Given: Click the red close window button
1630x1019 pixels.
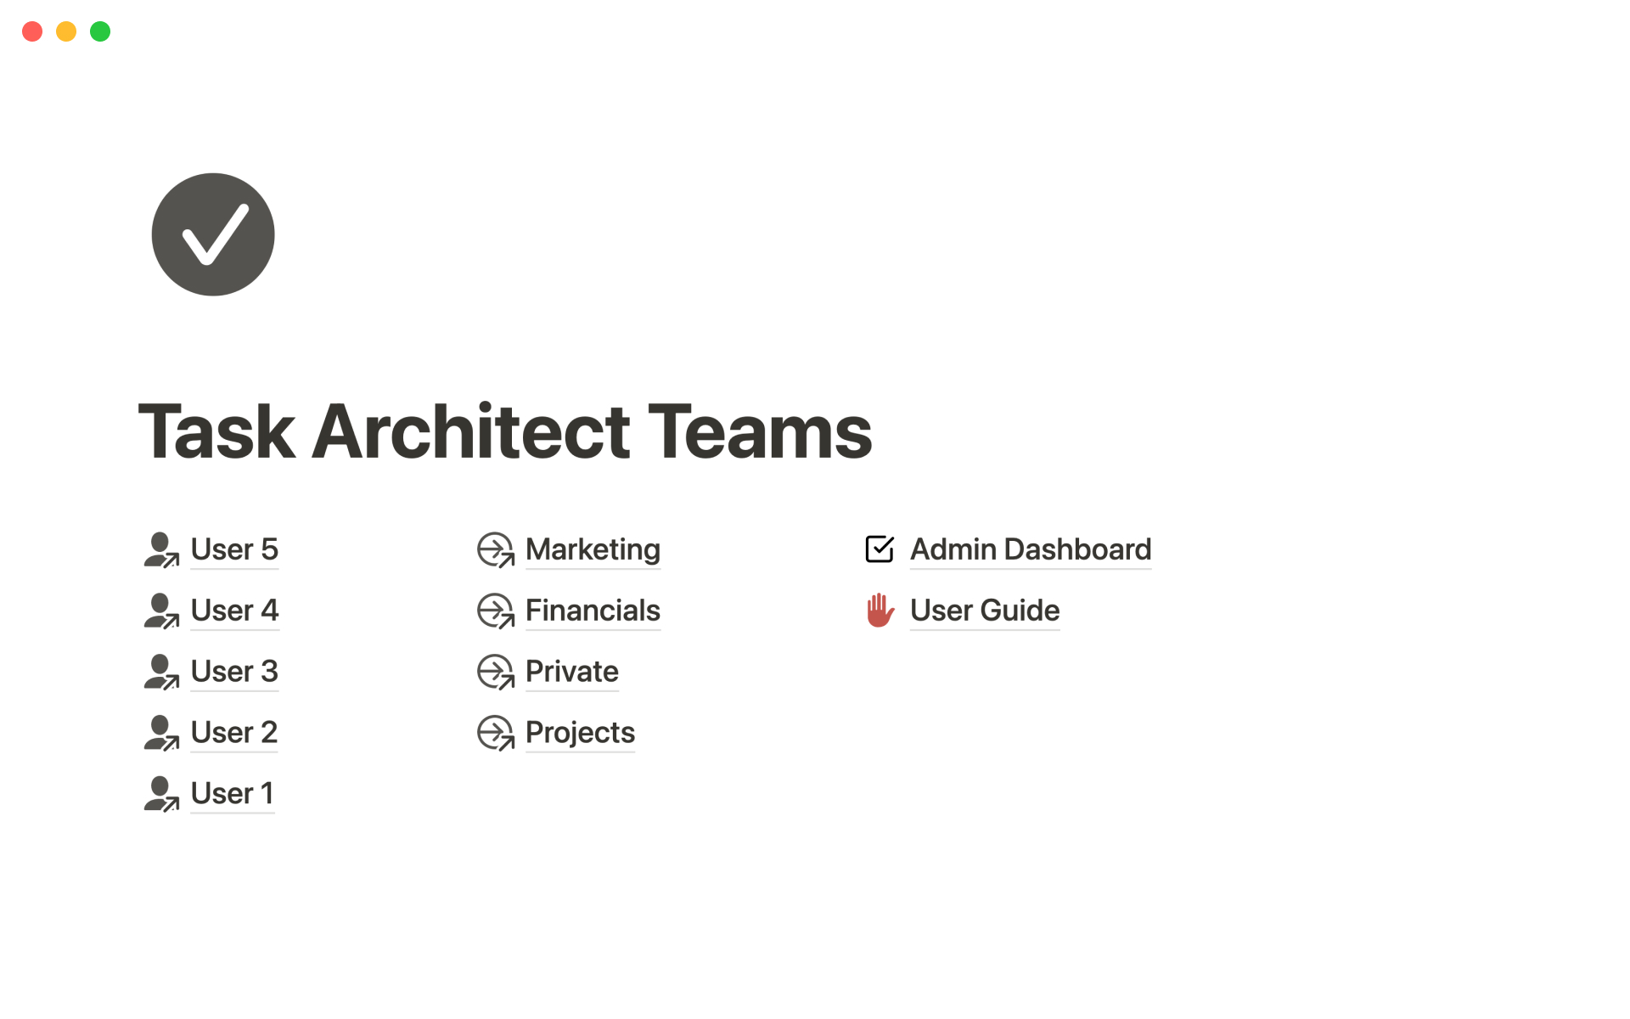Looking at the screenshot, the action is [x=32, y=31].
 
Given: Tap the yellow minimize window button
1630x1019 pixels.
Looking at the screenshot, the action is [x=66, y=31].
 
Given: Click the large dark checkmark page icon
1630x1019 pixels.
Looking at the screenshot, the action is [x=213, y=234].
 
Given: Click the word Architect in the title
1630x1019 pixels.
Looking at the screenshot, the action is [x=471, y=431].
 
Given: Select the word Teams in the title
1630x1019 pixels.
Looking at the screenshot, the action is [x=760, y=431].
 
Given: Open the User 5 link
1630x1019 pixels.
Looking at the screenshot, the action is [x=234, y=549].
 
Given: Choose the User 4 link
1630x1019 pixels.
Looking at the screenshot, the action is [x=234, y=611].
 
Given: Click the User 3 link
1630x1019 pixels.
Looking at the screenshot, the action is [x=234, y=672].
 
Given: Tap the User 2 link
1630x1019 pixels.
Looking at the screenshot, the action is [x=234, y=733].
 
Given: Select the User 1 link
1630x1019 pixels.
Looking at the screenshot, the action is [x=233, y=794].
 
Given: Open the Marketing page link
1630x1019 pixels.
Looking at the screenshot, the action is [x=593, y=549].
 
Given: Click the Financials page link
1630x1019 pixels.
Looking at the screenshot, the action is [x=593, y=611].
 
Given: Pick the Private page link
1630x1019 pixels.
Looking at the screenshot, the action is [x=572, y=672].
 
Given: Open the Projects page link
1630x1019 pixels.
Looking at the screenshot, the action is [x=580, y=733].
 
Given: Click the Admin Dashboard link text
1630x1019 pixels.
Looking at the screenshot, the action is [x=1031, y=549].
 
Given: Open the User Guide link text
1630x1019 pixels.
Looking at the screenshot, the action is [x=985, y=611].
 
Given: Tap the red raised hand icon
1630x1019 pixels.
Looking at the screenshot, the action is [x=880, y=610].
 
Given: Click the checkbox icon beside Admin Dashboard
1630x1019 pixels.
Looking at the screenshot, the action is [x=880, y=549].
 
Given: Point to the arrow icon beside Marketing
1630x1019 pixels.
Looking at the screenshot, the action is [x=496, y=549].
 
